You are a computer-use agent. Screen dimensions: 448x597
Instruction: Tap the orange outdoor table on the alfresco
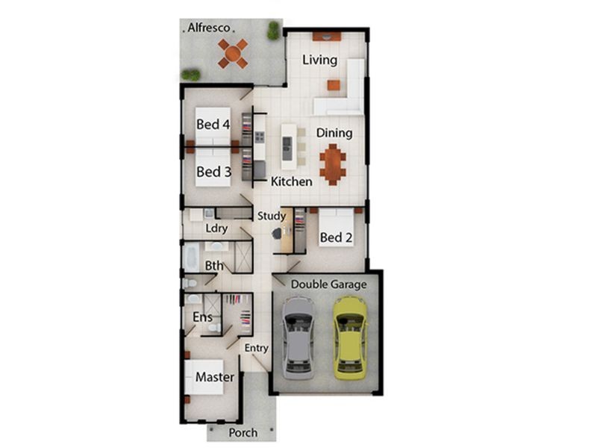(x=233, y=53)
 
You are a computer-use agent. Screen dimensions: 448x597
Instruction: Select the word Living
(x=319, y=60)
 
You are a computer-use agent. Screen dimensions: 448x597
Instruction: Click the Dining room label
(x=334, y=133)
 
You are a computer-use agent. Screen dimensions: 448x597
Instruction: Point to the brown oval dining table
(x=333, y=164)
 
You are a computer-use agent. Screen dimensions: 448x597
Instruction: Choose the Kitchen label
(x=291, y=181)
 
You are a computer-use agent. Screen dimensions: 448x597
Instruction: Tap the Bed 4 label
(x=213, y=124)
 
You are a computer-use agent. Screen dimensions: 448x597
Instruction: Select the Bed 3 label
(x=213, y=172)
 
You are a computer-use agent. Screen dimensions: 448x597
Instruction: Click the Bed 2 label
(x=336, y=237)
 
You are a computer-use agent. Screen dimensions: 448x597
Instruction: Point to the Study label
(x=272, y=217)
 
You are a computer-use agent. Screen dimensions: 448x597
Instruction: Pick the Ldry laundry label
(x=216, y=228)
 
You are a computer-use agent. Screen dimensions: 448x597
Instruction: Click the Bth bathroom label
(x=214, y=265)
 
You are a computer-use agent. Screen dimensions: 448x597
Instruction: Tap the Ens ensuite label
(x=202, y=317)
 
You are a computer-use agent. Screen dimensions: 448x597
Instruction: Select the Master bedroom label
(x=214, y=377)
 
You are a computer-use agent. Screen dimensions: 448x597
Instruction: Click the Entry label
(x=256, y=348)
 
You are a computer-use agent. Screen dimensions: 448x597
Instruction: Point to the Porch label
(x=243, y=432)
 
